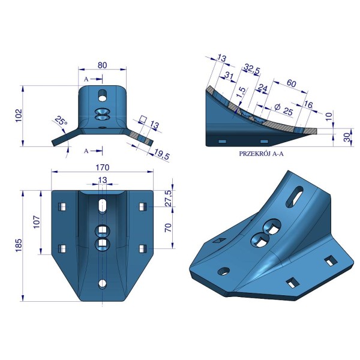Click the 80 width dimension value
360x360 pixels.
click(102, 65)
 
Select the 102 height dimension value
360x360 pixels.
click(19, 115)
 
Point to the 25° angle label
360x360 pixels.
click(61, 120)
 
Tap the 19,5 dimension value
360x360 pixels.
click(162, 154)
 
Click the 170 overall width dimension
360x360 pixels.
click(102, 167)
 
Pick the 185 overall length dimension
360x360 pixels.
click(19, 245)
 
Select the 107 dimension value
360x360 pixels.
click(37, 222)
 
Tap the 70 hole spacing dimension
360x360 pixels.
click(168, 227)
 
